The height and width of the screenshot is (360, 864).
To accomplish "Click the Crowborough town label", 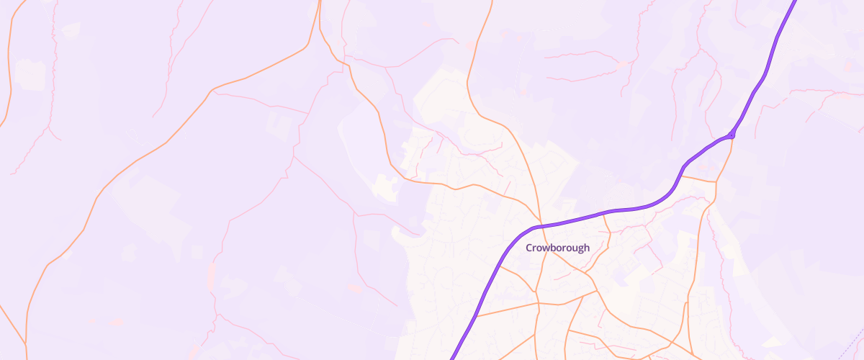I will (x=557, y=248).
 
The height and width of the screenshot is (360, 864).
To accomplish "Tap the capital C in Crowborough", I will (x=529, y=248).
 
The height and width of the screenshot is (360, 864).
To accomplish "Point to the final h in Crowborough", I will (x=586, y=248).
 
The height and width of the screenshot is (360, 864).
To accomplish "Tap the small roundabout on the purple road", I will (x=732, y=135).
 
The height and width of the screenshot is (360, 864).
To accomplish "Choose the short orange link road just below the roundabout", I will (x=698, y=178).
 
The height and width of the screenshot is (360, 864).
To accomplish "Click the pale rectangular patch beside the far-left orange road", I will (x=30, y=74).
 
